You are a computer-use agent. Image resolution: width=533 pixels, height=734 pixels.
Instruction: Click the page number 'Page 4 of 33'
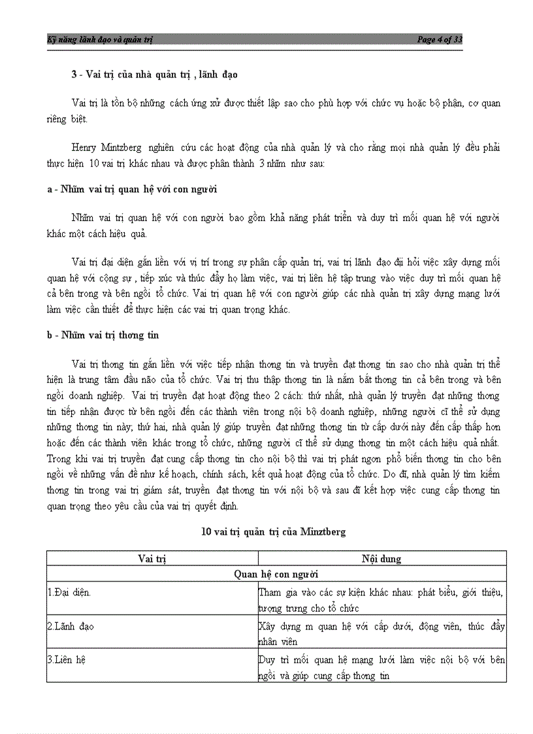(440, 40)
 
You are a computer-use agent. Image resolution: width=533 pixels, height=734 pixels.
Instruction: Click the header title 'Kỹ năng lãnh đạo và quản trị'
(100, 40)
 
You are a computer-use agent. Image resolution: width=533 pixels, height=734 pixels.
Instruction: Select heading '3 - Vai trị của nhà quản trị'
(154, 75)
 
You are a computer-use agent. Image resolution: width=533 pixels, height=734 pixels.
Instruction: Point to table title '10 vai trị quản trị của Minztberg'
(274, 532)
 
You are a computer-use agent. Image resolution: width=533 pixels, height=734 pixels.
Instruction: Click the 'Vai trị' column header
(152, 559)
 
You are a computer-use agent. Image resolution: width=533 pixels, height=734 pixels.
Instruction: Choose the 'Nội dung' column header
(381, 559)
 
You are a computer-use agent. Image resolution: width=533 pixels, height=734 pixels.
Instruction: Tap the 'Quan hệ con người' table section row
(276, 575)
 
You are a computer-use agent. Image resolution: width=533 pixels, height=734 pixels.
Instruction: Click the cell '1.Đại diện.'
(69, 592)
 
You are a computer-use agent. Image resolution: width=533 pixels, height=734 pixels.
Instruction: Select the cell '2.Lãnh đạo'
(71, 626)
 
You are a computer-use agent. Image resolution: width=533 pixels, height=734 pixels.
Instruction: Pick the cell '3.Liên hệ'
(67, 660)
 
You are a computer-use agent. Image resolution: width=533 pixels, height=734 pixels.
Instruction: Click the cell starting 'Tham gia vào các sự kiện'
(381, 600)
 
